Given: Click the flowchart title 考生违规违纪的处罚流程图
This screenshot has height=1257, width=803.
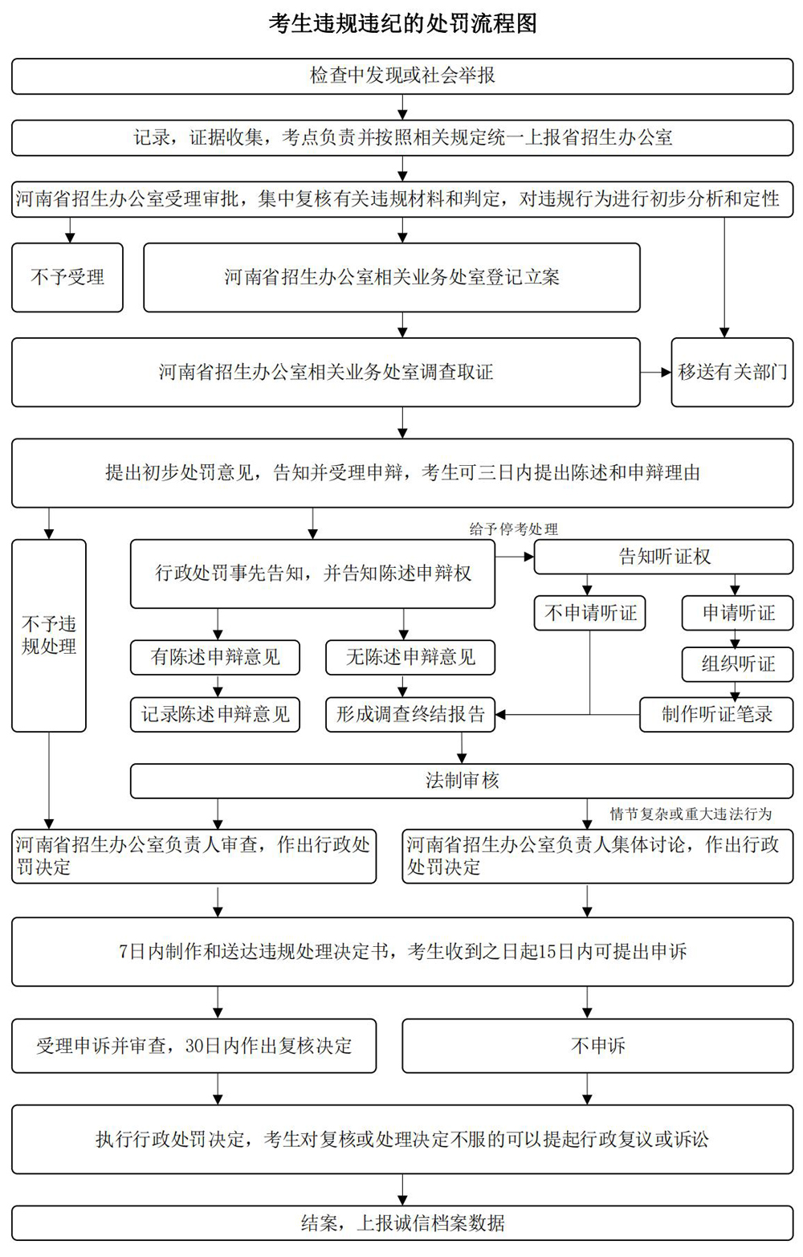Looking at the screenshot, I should pos(402,23).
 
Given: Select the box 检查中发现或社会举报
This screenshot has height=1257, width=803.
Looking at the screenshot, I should pos(402,76).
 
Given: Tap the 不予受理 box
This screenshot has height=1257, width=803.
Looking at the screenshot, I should pos(67,277).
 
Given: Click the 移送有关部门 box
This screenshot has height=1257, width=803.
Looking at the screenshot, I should pos(732,372).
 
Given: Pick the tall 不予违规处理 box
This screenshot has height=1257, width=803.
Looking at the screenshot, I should pos(49,635).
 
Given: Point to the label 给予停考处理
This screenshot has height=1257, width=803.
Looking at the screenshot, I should pos(514,529).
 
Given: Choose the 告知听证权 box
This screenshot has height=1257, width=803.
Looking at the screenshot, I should pos(663,557).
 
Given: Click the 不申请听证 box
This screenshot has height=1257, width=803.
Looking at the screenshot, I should pos(590,614).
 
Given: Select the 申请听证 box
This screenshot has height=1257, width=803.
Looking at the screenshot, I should pos(738,614).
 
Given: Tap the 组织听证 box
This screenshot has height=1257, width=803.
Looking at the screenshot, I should pos(738,663).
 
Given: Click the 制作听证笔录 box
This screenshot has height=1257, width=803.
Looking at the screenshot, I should pos(716,714).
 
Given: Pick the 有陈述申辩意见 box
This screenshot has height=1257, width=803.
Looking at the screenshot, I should pos(215,657).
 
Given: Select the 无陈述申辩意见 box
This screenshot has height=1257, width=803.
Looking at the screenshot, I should pos(410,657).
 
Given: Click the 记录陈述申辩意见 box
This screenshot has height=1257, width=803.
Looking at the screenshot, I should pos(215,714).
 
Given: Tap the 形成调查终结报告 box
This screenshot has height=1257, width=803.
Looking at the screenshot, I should pos(410,714).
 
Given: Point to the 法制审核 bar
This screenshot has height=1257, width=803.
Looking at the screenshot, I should pos(462,780).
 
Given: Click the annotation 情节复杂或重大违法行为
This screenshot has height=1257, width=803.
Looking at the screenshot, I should pos(691,814).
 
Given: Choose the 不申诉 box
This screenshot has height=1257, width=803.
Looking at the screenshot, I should pos(597,1046).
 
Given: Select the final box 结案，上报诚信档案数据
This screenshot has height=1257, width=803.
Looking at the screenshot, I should pos(402,1223).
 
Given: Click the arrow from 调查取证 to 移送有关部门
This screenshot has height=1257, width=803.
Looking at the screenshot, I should pos(655,372).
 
